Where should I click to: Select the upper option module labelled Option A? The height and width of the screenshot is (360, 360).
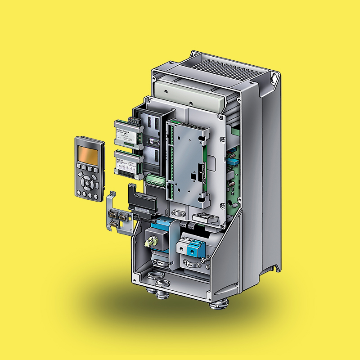[128, 131]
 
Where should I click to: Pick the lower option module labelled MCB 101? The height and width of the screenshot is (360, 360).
[128, 163]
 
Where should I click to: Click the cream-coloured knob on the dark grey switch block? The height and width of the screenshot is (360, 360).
[147, 243]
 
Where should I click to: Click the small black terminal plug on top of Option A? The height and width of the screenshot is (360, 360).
[133, 120]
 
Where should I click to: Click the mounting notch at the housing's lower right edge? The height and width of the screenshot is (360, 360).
[275, 269]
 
